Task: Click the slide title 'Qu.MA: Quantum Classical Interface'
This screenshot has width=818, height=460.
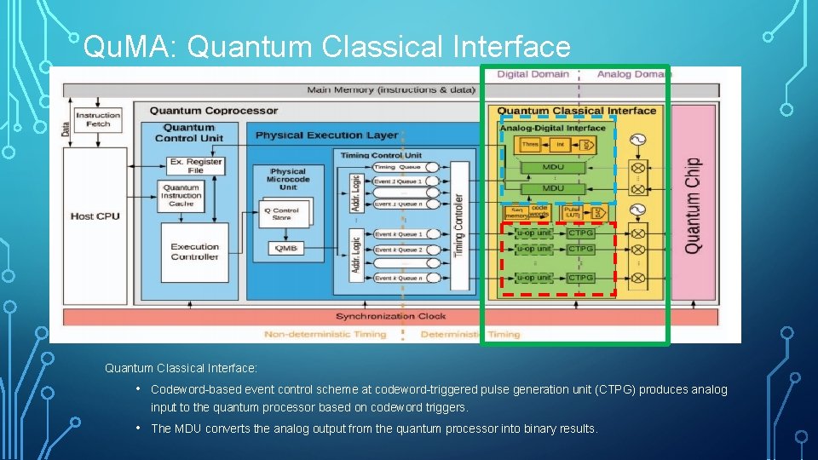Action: click(326, 47)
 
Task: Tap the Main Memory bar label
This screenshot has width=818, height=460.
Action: click(391, 89)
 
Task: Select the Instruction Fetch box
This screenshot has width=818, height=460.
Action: click(98, 120)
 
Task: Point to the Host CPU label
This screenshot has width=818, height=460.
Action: click(95, 216)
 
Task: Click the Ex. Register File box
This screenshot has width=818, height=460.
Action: click(196, 166)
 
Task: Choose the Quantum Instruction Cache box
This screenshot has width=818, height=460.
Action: click(181, 195)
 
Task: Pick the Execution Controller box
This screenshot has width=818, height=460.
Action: click(194, 251)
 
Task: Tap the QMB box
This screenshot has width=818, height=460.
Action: click(285, 248)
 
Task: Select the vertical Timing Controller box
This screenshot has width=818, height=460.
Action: click(458, 223)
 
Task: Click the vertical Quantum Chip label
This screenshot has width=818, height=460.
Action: click(693, 204)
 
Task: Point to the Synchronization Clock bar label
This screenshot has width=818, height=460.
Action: click(390, 316)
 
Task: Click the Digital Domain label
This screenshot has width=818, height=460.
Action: click(533, 74)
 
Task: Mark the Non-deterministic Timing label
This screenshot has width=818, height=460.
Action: click(325, 334)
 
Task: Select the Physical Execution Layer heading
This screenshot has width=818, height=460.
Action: click(326, 135)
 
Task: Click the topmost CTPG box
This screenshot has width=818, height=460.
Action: click(581, 233)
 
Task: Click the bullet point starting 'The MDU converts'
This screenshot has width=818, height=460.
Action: click(374, 428)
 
